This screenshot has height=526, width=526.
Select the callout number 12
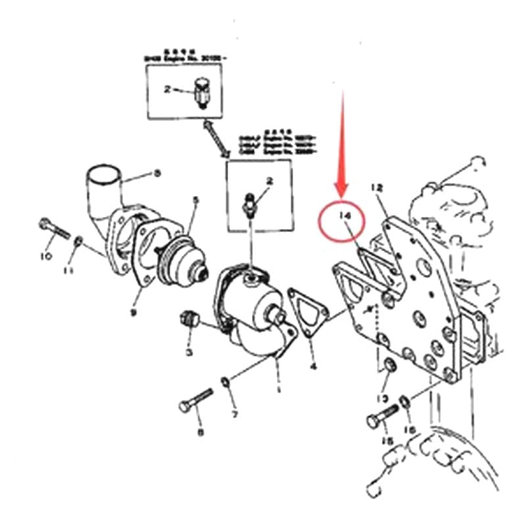coord(377,188)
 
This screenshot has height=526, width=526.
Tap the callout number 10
coord(45,256)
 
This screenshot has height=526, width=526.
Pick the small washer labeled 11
coord(78,242)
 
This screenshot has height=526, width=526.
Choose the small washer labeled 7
coord(225,381)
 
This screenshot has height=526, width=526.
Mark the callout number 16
coord(410,429)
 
